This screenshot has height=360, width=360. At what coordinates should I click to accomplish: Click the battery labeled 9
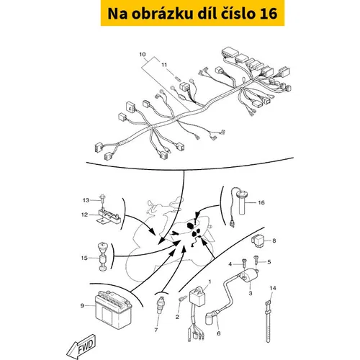[114, 310]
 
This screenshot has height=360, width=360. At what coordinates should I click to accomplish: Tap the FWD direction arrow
[82, 347]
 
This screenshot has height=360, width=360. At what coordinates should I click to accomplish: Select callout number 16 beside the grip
[261, 202]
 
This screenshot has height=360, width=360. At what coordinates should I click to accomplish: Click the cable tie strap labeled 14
[269, 322]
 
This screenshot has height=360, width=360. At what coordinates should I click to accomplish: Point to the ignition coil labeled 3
[250, 276]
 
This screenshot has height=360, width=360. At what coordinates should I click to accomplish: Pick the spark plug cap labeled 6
[211, 316]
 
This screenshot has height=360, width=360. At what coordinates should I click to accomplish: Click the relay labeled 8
[258, 240]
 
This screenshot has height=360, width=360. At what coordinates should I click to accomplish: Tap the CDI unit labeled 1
[198, 297]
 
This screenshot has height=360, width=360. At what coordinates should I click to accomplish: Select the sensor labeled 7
[161, 305]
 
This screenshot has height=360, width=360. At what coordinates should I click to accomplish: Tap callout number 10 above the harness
[143, 54]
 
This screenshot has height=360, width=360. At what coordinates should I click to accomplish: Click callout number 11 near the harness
[164, 65]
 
